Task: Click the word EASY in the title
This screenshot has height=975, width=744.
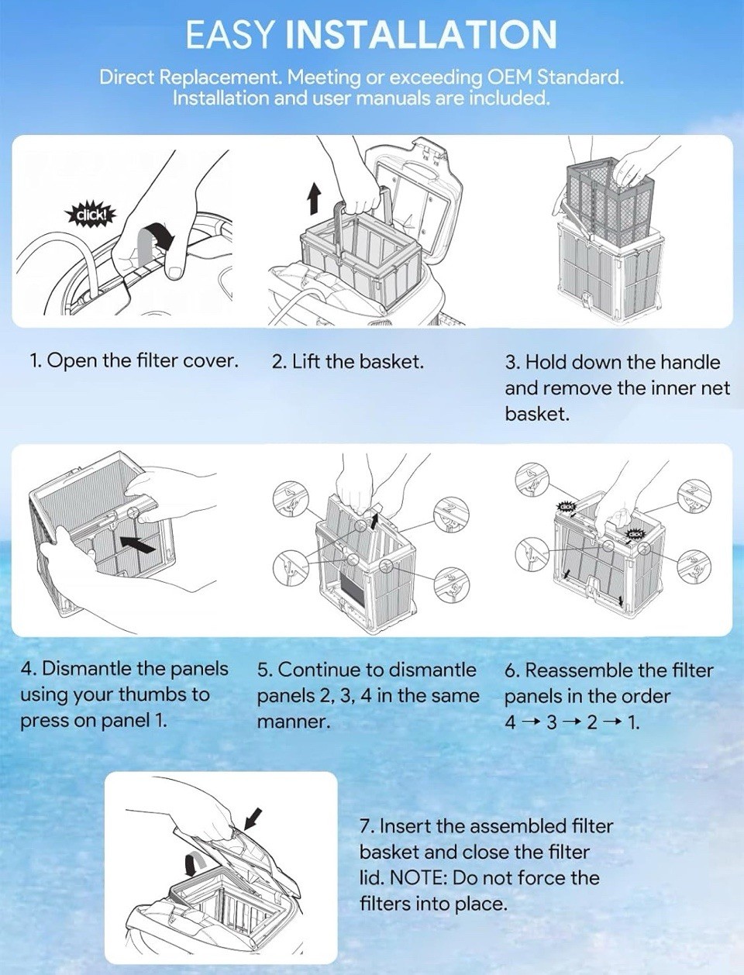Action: [x=228, y=34]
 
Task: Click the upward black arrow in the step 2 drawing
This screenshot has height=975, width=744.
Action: [x=315, y=199]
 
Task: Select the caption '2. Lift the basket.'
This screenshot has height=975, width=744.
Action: [x=347, y=362]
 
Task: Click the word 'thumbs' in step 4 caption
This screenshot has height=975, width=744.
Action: [x=154, y=694]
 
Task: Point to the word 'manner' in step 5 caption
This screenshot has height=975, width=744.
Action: [x=292, y=722]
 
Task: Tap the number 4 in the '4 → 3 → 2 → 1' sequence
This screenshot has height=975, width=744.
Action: [x=511, y=723]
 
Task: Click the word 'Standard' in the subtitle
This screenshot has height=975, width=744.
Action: [x=580, y=78]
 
